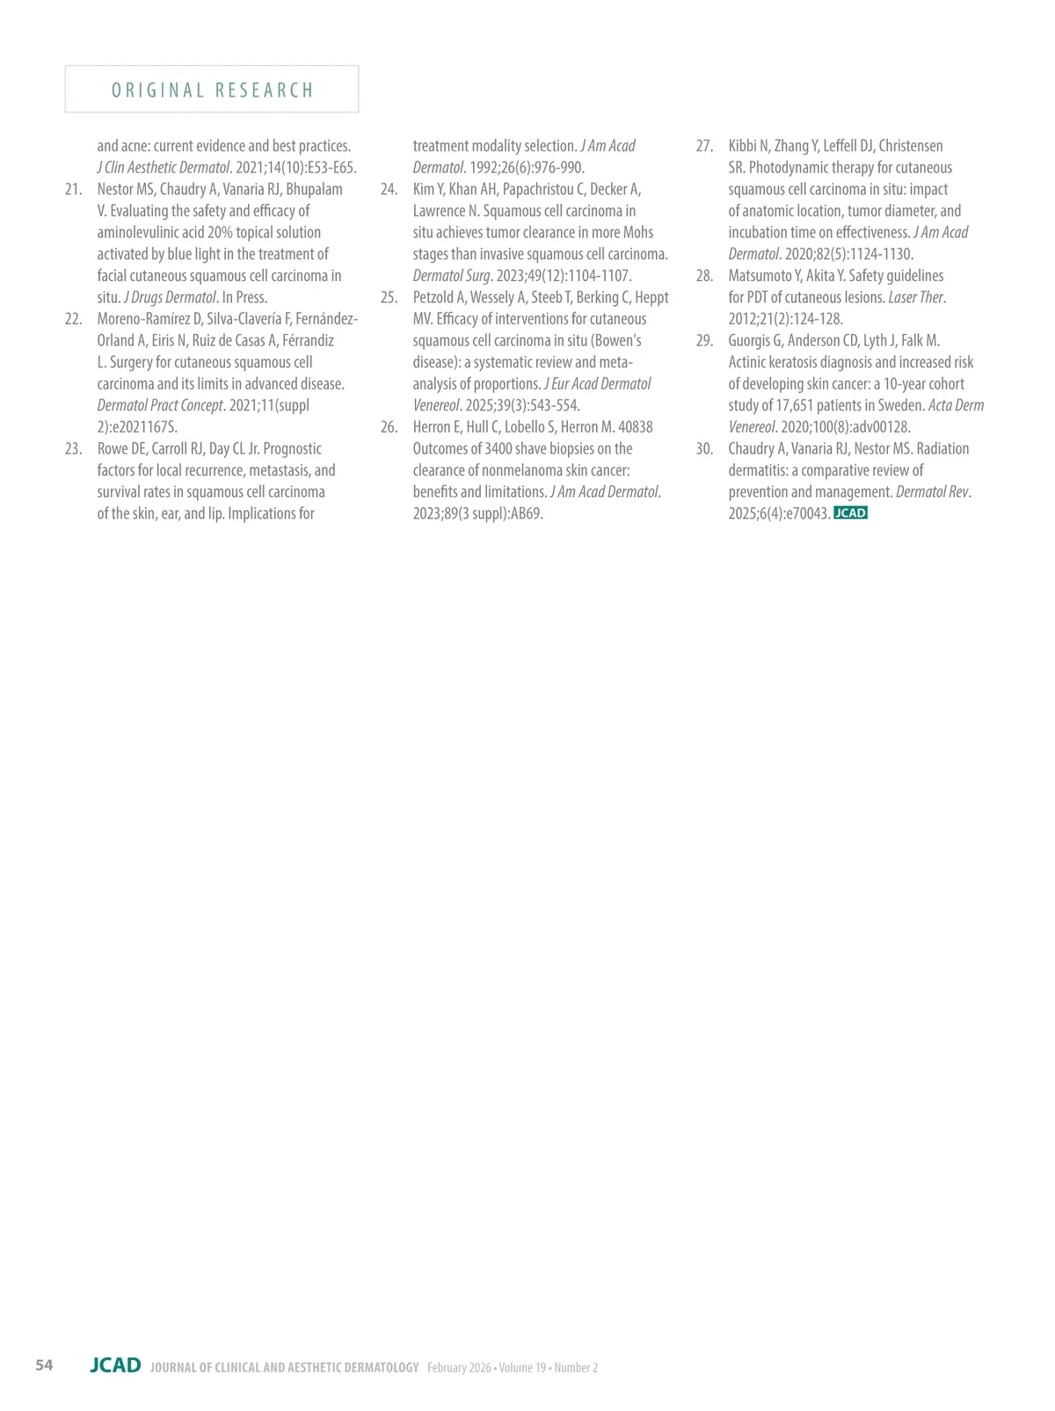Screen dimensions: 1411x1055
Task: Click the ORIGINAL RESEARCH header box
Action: (x=212, y=90)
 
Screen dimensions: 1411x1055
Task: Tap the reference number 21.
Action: (x=74, y=189)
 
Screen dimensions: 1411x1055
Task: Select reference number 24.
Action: (x=389, y=189)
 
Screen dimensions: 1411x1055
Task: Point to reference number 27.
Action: (x=704, y=146)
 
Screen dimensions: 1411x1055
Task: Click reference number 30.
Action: (x=704, y=449)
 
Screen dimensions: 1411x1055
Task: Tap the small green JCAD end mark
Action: (x=850, y=513)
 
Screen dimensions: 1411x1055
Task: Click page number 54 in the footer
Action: (x=44, y=1364)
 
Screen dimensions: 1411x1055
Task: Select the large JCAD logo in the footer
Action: (x=115, y=1364)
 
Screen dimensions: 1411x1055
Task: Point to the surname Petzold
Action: (x=433, y=298)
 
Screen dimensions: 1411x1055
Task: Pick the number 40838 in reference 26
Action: (x=636, y=427)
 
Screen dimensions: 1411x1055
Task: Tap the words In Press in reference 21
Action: (x=244, y=298)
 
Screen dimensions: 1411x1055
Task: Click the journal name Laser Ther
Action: (x=916, y=298)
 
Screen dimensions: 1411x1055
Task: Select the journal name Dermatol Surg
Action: (x=452, y=276)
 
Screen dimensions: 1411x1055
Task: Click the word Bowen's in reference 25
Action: (x=619, y=341)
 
